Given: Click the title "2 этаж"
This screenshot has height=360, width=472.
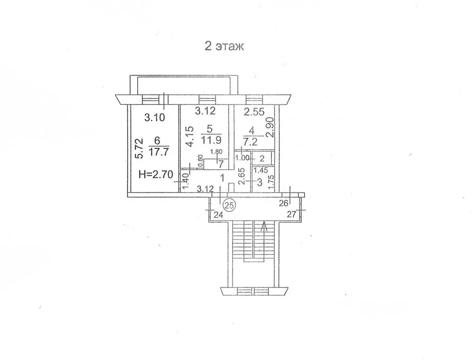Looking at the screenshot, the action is [224, 46].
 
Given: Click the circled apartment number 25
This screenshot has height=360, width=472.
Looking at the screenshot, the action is [229, 205].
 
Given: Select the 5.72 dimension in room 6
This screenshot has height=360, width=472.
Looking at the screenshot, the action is [139, 149].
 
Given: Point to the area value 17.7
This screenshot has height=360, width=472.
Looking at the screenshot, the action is [159, 152].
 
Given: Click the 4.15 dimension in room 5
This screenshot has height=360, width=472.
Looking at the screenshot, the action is [189, 137].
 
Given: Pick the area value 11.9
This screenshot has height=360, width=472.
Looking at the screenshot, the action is [212, 140].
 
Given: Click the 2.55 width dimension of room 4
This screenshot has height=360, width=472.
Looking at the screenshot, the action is [254, 112].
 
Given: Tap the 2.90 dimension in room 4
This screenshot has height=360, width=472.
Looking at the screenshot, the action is [270, 127].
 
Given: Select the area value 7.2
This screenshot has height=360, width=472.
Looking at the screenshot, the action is [250, 141].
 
